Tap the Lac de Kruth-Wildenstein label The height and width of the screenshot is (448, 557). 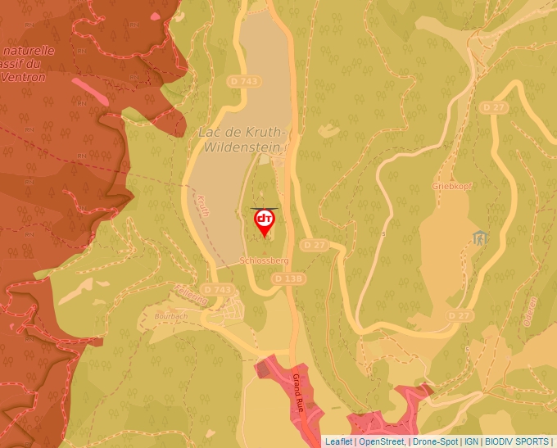click(241, 139)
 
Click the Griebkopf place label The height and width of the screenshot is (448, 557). click(451, 186)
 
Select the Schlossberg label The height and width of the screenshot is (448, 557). click(265, 260)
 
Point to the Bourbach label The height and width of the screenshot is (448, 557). click(171, 315)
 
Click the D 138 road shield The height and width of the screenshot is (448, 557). click(288, 278)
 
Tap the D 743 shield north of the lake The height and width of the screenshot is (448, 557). click(244, 81)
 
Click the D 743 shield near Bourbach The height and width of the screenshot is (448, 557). click(217, 289)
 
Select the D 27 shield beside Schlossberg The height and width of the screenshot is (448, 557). click(314, 245)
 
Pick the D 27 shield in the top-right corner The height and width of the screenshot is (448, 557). click(495, 107)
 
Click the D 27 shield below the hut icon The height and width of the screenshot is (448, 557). click(460, 315)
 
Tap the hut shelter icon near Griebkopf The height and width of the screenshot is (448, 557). click(480, 238)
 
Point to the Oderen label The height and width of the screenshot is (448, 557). click(529, 311)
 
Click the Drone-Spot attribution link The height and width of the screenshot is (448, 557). click(436, 441)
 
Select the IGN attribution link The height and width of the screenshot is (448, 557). click(471, 441)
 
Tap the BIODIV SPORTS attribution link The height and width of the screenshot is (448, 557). click(516, 441)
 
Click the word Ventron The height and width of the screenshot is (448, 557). click(24, 77)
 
